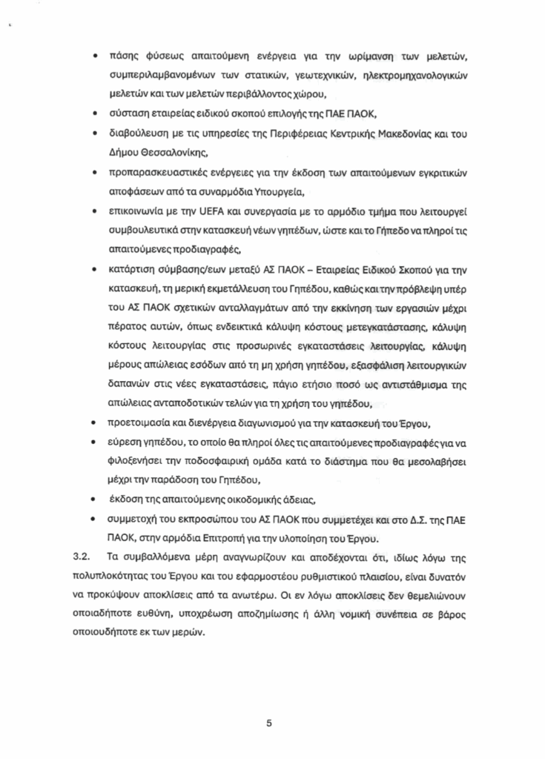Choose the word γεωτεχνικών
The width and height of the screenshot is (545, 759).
(325, 76)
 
